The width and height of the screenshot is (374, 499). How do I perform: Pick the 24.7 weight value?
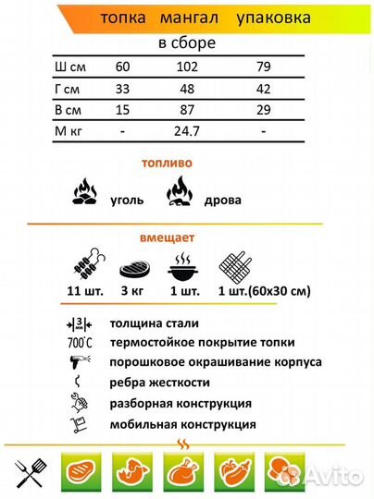click(x=188, y=131)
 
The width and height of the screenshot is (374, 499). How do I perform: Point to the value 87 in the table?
click(x=188, y=110)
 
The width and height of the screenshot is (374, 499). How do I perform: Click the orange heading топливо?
click(x=167, y=162)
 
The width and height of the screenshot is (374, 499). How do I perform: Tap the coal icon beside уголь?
click(x=84, y=194)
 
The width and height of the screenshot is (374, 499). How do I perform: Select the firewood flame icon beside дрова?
click(x=179, y=193)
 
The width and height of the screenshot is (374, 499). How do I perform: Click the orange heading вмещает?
click(x=167, y=237)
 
